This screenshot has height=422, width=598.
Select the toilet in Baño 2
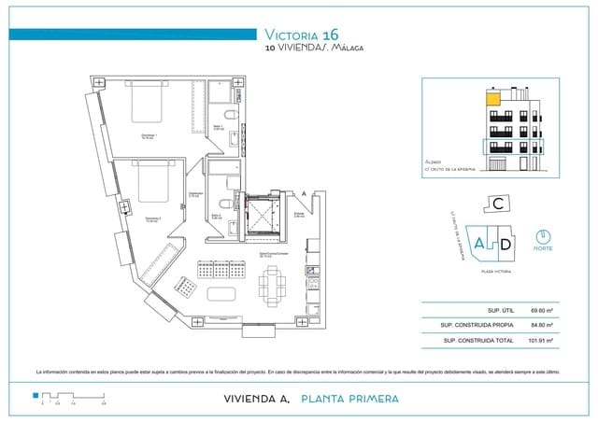point(223,205)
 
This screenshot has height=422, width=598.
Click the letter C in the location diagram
point(500,203)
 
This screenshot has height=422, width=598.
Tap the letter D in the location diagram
point(504,244)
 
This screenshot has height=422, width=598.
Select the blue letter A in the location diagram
point(479,244)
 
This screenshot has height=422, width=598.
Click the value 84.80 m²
point(541,325)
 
